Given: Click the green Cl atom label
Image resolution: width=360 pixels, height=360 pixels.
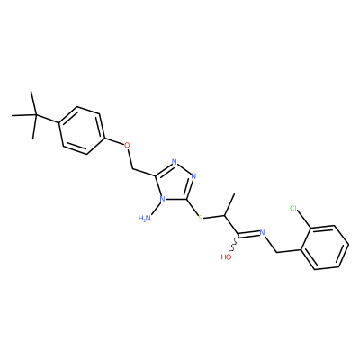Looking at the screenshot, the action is point(293,209).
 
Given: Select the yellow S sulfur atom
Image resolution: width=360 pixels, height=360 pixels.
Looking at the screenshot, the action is point(201,218).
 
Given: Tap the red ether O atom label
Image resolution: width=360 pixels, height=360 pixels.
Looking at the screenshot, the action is point(128,146).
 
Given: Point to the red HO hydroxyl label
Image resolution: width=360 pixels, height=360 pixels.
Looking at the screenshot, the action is point(227,257).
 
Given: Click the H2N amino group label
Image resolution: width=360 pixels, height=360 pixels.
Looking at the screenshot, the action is point(145,219).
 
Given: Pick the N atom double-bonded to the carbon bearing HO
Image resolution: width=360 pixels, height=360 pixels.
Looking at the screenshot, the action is point(262,232).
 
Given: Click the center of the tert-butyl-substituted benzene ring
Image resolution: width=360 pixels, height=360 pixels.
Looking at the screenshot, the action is point(82,130).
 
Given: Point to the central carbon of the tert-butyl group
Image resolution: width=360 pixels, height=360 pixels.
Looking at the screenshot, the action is point(35,115).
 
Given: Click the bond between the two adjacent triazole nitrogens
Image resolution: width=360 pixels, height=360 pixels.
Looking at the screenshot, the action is point(184,169).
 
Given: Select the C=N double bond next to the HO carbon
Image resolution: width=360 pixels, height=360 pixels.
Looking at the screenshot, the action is point(248,234).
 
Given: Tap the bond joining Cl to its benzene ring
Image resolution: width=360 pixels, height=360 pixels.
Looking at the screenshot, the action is point(305,220).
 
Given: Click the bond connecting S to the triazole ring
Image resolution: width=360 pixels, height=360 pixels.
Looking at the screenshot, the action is point(193,208).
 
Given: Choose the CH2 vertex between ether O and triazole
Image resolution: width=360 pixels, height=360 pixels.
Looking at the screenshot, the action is point(132,168).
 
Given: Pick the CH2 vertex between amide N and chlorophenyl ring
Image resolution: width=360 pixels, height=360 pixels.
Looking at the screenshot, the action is point(276,252).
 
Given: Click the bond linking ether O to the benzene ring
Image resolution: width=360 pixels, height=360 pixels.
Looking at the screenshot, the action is point(114,141).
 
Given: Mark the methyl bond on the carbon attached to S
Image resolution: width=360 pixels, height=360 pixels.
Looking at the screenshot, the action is point(229,205).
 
